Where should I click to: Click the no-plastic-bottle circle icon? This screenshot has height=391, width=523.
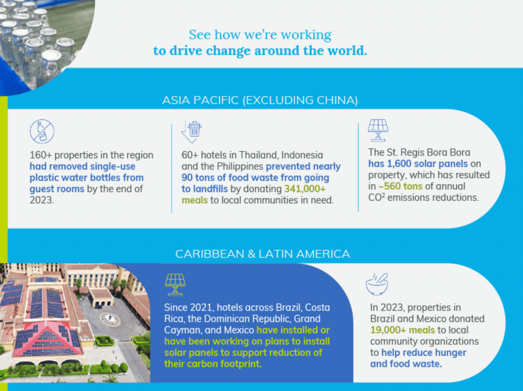click(x=42, y=132)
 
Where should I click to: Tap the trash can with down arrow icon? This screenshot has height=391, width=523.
click(x=191, y=132)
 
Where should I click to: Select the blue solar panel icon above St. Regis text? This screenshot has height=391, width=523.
click(x=378, y=131)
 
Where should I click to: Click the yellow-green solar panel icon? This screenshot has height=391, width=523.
click(x=175, y=285)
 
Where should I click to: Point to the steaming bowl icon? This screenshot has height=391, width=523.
click(x=377, y=284)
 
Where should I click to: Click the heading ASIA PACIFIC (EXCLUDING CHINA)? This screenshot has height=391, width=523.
click(x=260, y=100)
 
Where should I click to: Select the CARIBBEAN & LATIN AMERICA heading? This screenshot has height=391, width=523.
click(x=262, y=254)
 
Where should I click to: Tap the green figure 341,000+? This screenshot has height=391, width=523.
click(x=305, y=189)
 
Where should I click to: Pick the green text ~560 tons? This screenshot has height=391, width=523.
click(x=400, y=186)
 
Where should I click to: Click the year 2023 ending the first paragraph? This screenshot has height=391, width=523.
click(x=42, y=200)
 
